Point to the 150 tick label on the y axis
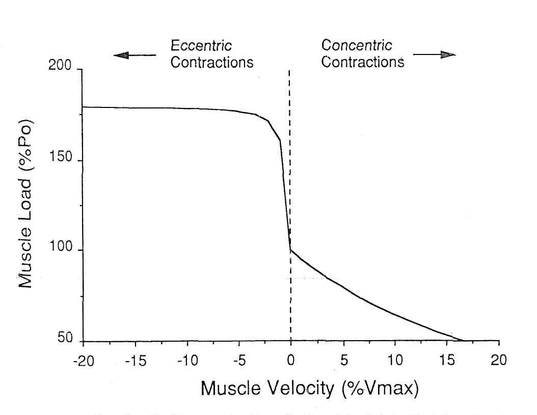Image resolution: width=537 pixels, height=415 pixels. point(60,160)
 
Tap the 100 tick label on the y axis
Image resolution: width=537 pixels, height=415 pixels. point(60,251)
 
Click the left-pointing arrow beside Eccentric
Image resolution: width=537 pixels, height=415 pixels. point(135,55)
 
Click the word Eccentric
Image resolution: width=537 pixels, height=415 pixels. point(201,46)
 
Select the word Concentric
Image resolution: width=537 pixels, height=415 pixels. point(357,45)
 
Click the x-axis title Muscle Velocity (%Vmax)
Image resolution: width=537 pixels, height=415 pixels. point(310,389)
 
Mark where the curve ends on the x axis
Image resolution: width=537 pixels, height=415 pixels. point(464,340)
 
